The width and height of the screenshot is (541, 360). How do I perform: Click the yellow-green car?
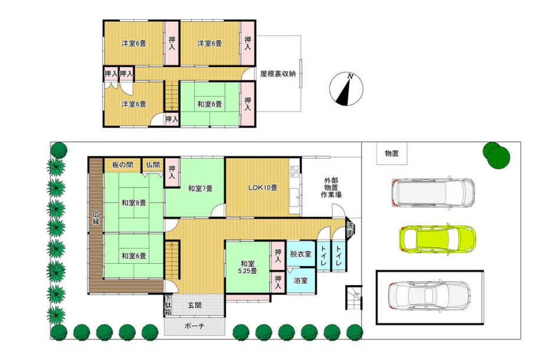point(437,239)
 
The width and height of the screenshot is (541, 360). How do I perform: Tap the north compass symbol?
point(346,89)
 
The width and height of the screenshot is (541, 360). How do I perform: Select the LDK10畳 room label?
point(263,188)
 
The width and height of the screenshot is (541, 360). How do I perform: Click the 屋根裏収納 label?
point(278,74)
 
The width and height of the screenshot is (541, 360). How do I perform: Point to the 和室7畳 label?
point(200,188)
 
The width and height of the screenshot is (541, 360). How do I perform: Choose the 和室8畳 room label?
point(133,203)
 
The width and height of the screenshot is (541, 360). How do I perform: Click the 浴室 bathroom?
point(300,280)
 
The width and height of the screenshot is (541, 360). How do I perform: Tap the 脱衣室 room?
point(300,254)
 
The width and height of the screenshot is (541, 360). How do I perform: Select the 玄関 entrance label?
point(195,305)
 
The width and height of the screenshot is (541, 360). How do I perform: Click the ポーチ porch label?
point(195,326)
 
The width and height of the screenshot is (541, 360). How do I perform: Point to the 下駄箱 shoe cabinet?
point(168,306)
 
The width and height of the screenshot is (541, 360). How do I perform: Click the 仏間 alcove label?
point(153,165)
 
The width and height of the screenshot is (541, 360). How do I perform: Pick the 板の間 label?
point(123,165)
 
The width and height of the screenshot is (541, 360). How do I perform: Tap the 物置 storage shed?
point(392,153)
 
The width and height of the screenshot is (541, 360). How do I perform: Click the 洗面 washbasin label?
point(350,230)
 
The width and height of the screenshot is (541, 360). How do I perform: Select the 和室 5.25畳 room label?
point(247,267)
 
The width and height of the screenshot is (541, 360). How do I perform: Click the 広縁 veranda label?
point(96,218)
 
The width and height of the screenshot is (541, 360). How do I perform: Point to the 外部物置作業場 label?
point(331,188)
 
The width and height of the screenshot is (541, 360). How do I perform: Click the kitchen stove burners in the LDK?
point(294,171)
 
